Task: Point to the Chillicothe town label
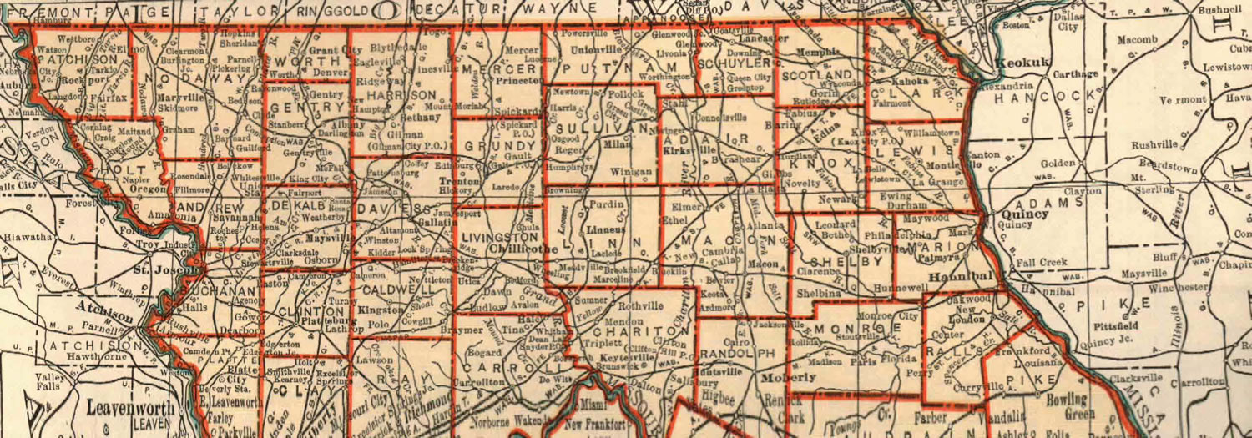pos(518,248)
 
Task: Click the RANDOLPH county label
pos(741,353)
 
